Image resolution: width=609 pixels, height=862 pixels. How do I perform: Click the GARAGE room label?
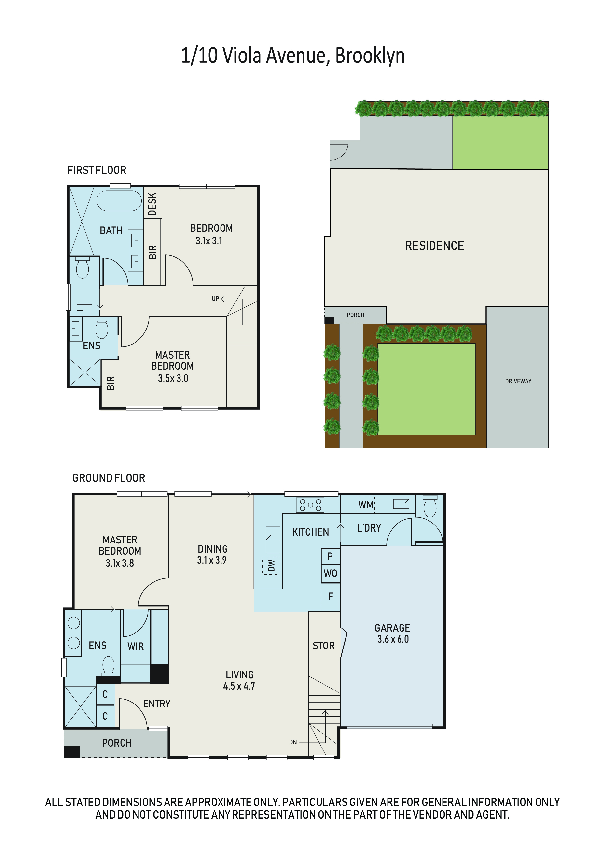click(x=392, y=628)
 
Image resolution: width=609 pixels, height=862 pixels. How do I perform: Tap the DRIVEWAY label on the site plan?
click(x=518, y=381)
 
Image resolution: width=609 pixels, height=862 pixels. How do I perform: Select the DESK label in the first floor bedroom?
click(x=152, y=204)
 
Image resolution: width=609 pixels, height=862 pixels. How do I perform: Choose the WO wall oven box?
click(x=331, y=573)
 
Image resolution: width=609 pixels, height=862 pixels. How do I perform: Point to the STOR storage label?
click(x=323, y=646)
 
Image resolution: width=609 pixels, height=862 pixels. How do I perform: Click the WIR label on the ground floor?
click(x=136, y=646)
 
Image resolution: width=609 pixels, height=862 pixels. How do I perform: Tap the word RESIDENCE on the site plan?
click(x=434, y=245)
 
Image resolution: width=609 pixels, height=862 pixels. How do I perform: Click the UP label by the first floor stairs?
click(x=215, y=299)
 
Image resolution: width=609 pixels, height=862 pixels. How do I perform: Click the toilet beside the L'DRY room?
click(x=430, y=506)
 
